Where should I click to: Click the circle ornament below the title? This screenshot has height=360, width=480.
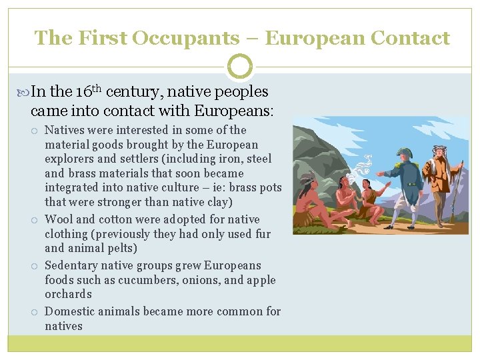point(240,67)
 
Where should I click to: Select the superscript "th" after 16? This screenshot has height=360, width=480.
point(95,87)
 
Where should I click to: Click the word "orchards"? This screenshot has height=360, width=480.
point(68,294)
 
